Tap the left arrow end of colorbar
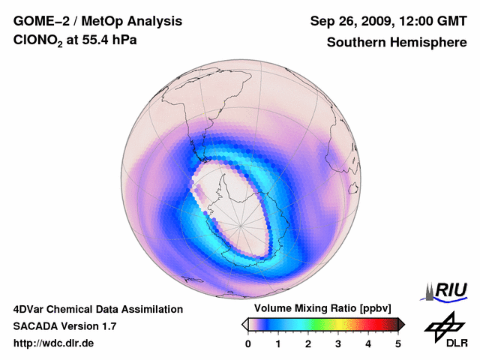pyautogui.click(x=244, y=324)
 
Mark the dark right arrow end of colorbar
pyautogui.click(x=402, y=324)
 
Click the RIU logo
pyautogui.click(x=448, y=290)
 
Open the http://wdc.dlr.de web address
pyautogui.click(x=54, y=343)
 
